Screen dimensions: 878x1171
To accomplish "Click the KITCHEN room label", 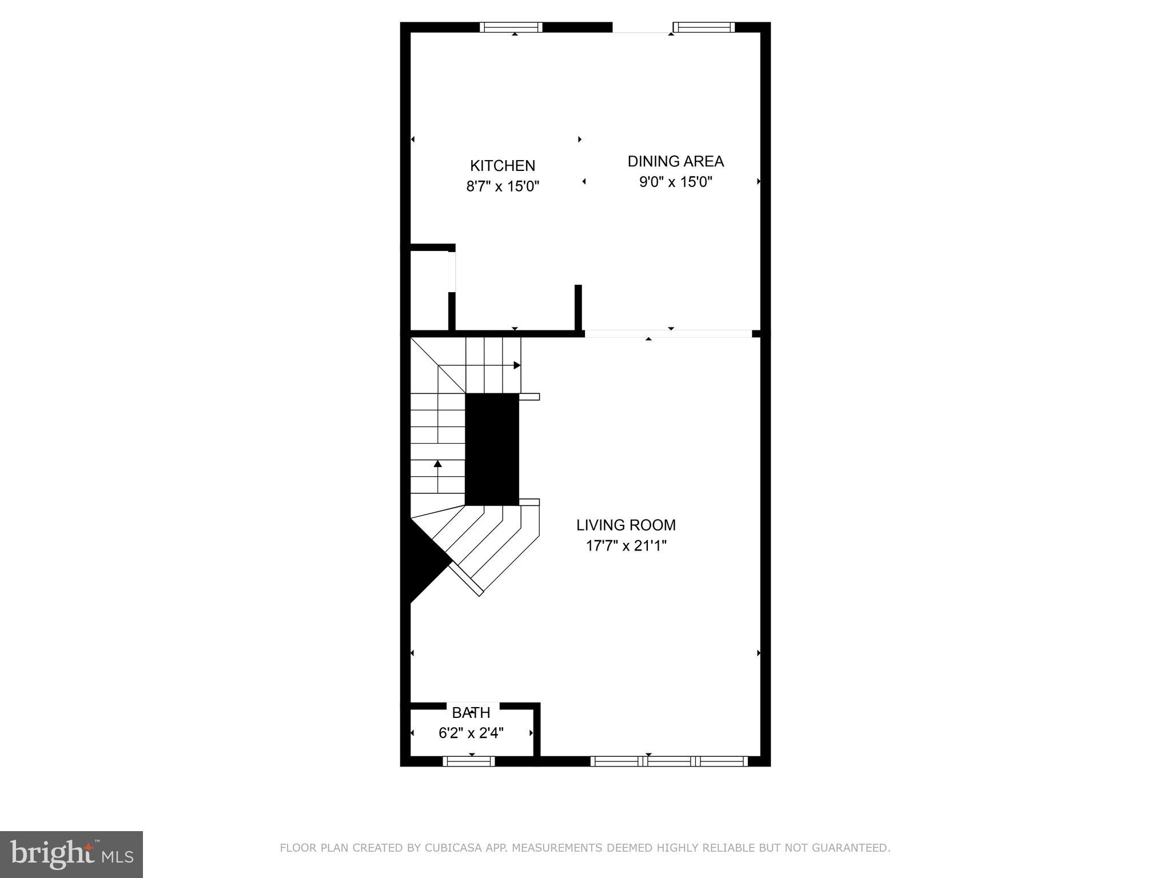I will point(503,166).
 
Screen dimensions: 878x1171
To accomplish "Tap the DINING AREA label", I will point(675,161).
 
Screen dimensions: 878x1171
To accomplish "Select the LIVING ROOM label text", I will point(626,525).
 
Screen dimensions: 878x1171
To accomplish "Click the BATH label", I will point(471,713).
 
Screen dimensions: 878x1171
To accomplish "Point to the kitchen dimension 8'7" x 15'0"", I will point(503,186).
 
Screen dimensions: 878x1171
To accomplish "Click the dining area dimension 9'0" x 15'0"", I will point(675,182).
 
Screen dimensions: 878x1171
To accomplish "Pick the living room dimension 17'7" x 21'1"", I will point(626,545).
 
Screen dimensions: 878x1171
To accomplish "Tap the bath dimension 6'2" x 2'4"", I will point(471,733).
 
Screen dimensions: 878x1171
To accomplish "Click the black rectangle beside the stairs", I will point(492,449).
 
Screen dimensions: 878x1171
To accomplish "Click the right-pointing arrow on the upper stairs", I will point(516,365).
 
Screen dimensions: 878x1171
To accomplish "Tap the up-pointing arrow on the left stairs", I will point(438,464).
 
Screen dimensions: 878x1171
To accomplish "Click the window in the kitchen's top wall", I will point(511,27).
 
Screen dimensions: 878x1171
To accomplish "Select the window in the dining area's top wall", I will point(703,27).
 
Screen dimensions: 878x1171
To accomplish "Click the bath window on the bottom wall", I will point(469,761).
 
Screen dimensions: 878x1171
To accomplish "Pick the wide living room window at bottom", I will point(668,761).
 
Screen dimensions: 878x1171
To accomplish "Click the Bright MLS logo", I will point(71,855).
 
